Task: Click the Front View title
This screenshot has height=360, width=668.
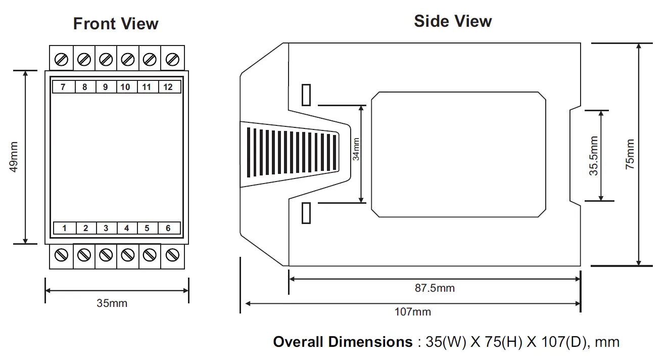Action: tap(116, 24)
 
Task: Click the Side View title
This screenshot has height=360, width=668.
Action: tap(453, 21)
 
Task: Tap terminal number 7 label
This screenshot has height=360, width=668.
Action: tap(63, 87)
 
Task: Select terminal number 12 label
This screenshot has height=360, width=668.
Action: tap(168, 87)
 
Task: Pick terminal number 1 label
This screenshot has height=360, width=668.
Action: tap(64, 228)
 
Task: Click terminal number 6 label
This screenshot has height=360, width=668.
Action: tap(168, 228)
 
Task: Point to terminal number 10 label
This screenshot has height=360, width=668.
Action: tap(126, 87)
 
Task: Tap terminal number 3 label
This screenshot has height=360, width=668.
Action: tap(106, 228)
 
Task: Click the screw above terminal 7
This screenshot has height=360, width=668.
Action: tap(62, 60)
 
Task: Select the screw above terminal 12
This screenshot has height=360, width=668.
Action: tap(172, 60)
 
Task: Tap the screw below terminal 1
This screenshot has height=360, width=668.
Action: tap(62, 255)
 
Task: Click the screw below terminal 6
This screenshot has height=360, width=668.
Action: tap(172, 255)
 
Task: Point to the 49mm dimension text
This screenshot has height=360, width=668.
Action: tap(15, 157)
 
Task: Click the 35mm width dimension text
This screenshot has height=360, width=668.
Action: tap(112, 303)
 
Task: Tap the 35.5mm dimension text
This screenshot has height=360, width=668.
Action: tap(594, 156)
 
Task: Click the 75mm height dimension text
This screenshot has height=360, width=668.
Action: tap(630, 154)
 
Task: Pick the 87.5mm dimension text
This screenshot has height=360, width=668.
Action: tap(435, 288)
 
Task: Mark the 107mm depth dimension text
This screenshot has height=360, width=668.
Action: tap(413, 311)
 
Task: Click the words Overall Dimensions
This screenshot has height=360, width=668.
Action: tap(343, 342)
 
